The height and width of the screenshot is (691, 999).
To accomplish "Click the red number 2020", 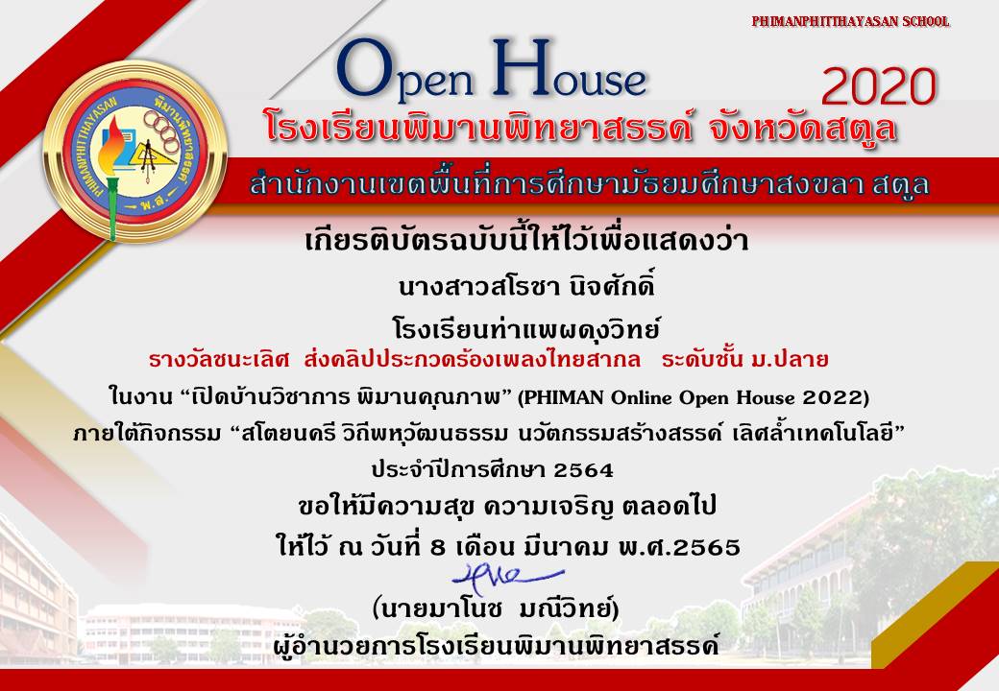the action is pyautogui.click(x=879, y=86).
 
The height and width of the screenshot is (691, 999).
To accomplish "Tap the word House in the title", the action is pyautogui.click(x=569, y=68).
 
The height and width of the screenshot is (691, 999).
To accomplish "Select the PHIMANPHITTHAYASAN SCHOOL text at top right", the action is pyautogui.click(x=850, y=21).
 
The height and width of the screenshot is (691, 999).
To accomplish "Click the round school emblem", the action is pyautogui.click(x=135, y=151).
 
